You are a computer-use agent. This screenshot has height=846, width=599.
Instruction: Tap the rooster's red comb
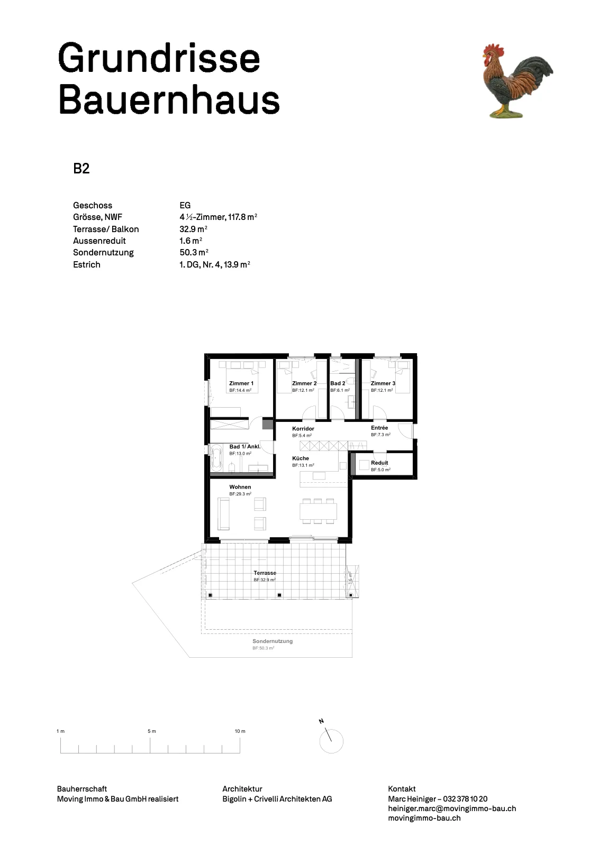pyautogui.click(x=493, y=49)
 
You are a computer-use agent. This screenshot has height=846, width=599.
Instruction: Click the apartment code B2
pyautogui.click(x=81, y=169)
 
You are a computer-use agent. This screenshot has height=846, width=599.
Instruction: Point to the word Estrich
pyautogui.click(x=87, y=264)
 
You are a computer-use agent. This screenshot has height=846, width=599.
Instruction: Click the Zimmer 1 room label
pyautogui.click(x=241, y=383)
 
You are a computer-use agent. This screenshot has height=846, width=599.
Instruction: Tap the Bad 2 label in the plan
pyautogui.click(x=338, y=383)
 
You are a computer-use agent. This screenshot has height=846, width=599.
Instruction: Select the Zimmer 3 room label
pyautogui.click(x=383, y=383)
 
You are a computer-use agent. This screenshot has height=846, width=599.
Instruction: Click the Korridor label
pyautogui.click(x=303, y=429)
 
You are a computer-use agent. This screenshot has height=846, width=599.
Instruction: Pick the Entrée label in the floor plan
pyautogui.click(x=379, y=428)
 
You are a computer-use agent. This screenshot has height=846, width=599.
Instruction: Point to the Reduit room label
pyautogui.click(x=379, y=463)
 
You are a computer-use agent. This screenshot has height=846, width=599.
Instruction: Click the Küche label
pyautogui.click(x=301, y=458)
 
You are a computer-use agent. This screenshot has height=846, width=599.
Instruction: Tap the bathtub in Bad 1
pyautogui.click(x=216, y=458)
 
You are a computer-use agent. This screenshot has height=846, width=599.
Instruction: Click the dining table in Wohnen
pyautogui.click(x=318, y=511)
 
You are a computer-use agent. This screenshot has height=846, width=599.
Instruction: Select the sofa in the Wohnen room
pyautogui.click(x=223, y=513)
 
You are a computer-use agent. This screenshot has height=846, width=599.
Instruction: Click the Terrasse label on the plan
pyautogui.click(x=265, y=573)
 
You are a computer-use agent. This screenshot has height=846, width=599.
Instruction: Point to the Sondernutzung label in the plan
pyautogui.click(x=273, y=641)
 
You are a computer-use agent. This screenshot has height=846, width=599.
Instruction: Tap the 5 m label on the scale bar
pyautogui.click(x=151, y=731)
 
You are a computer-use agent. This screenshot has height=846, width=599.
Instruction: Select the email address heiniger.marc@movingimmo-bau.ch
pyautogui.click(x=452, y=808)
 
